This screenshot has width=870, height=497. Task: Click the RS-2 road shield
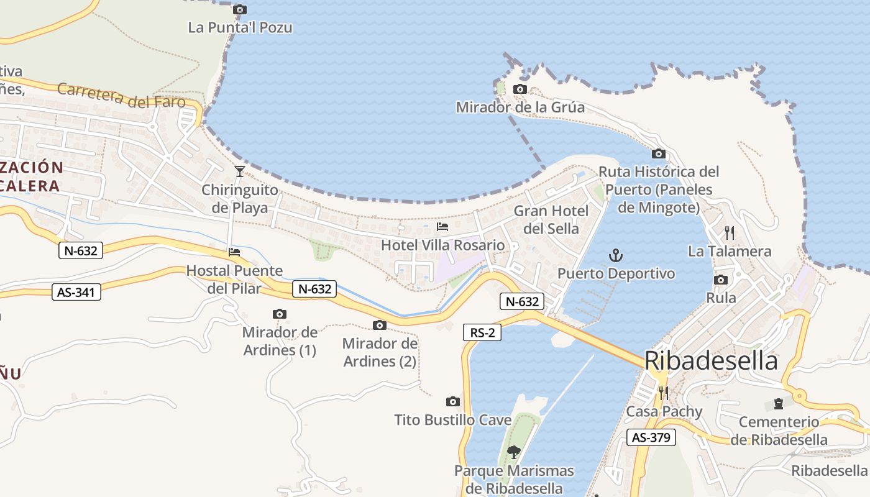482,332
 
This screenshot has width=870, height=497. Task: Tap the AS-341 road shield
76,291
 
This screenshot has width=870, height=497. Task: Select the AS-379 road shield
651,437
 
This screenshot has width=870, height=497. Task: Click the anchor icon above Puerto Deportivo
615,255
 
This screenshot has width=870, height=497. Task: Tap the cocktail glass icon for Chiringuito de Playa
240,171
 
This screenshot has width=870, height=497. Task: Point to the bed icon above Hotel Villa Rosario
442,227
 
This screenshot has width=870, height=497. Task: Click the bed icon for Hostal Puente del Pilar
234,252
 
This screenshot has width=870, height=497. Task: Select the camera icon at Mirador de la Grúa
520,89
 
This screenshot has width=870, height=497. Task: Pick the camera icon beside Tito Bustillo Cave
453,402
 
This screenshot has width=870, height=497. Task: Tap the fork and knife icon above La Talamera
730,233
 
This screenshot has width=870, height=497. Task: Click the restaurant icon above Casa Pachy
664,393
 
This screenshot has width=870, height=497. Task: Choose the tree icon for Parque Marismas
513,452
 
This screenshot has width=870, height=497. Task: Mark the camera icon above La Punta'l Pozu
239,9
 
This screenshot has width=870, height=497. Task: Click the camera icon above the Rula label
721,280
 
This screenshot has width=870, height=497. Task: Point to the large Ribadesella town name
711,361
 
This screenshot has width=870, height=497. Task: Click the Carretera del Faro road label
121,95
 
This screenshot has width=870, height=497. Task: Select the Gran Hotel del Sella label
551,220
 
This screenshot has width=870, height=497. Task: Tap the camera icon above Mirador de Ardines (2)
380,325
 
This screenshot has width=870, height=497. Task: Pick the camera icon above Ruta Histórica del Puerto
659,153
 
